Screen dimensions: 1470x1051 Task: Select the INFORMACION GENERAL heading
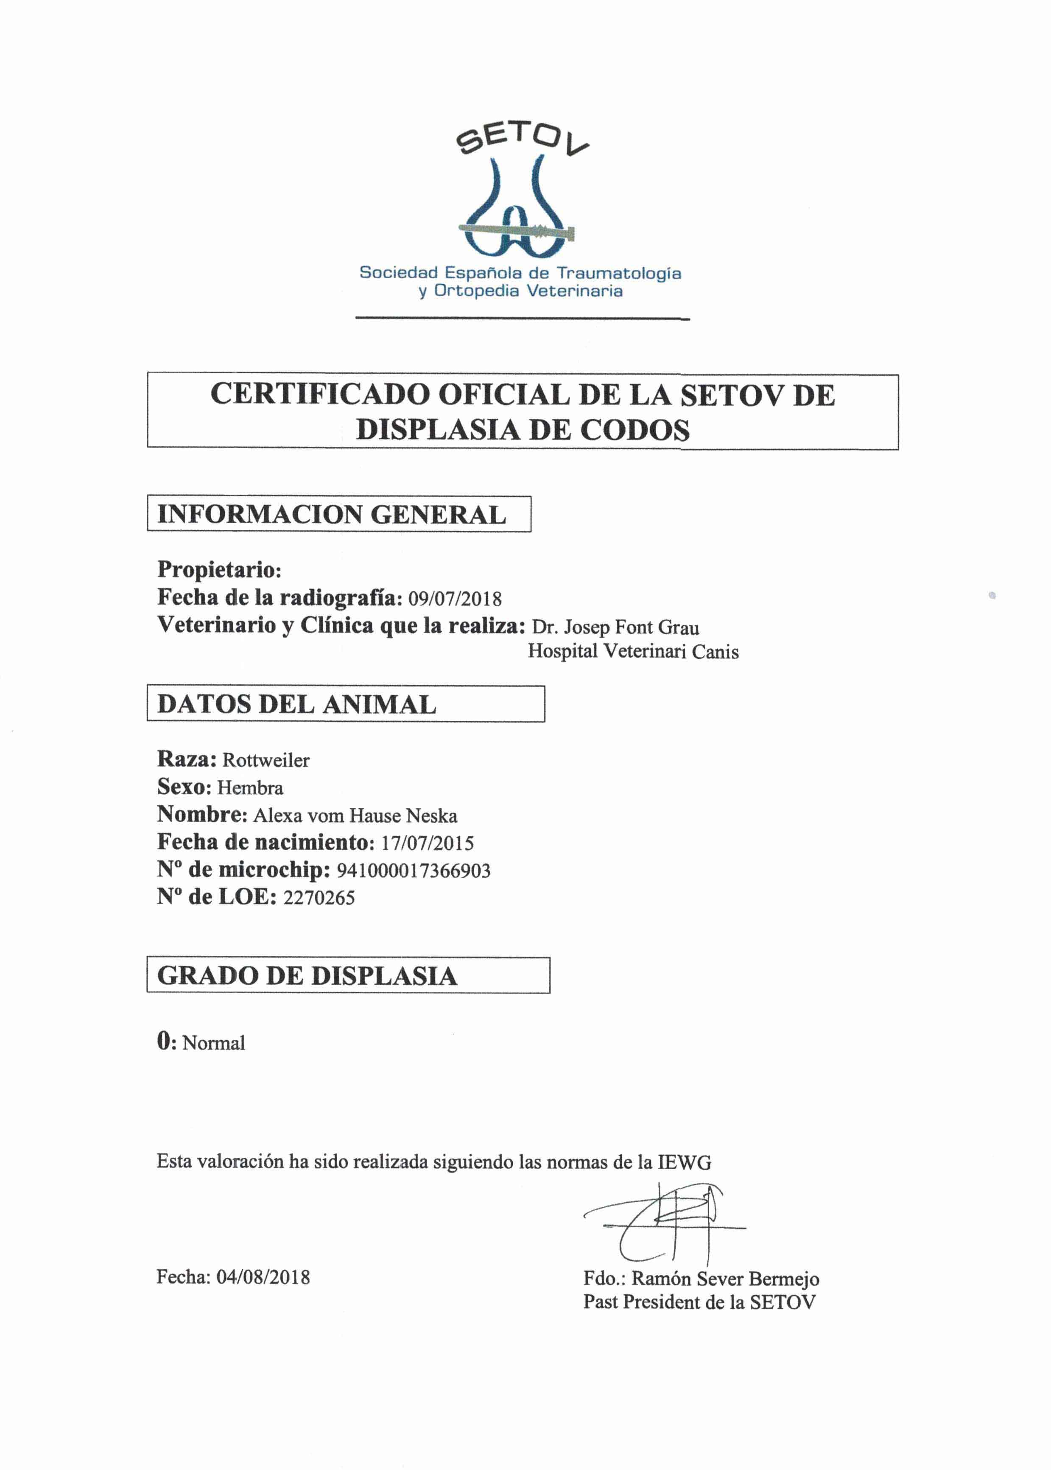(x=331, y=515)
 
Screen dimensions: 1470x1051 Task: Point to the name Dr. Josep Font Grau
(x=615, y=627)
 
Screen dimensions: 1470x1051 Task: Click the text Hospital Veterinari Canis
(x=632, y=651)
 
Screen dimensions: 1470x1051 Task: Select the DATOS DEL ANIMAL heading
(x=296, y=704)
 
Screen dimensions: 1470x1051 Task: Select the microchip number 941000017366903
(x=414, y=871)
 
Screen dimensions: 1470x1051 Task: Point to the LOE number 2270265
(x=319, y=898)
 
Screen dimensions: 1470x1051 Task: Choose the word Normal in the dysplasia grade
(x=214, y=1043)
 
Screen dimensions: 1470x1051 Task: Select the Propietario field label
(x=219, y=570)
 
